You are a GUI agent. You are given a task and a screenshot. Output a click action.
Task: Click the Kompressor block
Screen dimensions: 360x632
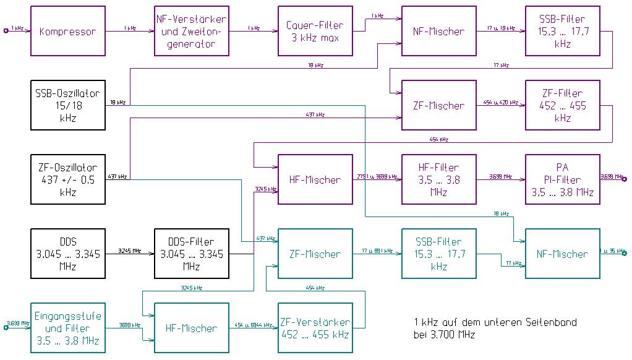pyautogui.click(x=68, y=31)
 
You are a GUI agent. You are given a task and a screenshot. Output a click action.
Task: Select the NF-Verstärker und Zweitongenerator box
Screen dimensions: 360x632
pyautogui.click(x=192, y=31)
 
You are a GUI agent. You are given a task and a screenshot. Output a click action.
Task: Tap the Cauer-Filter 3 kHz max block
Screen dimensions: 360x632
pyautogui.click(x=315, y=31)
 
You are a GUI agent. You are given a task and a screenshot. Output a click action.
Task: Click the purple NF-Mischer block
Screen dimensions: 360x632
pyautogui.click(x=439, y=31)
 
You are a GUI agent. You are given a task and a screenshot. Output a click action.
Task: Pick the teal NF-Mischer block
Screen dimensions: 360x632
pyautogui.click(x=563, y=254)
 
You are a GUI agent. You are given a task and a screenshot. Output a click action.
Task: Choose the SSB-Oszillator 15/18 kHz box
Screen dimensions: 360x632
pyautogui.click(x=68, y=105)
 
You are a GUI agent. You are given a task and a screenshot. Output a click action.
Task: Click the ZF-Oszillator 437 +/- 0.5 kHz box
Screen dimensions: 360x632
pyautogui.click(x=68, y=179)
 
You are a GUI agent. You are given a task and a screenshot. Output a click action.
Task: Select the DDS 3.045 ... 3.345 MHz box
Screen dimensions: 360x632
pyautogui.click(x=68, y=254)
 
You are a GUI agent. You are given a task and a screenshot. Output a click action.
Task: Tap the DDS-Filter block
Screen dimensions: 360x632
pyautogui.click(x=192, y=254)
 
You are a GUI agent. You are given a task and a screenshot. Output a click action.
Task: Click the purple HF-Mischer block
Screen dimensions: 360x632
pyautogui.click(x=315, y=179)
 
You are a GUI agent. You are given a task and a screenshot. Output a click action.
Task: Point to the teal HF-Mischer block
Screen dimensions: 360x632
pyautogui.click(x=192, y=328)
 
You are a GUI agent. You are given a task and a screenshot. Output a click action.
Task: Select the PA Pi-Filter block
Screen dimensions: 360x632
pyautogui.click(x=563, y=179)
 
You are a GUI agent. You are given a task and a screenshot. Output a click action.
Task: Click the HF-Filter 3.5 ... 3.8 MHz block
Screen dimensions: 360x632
pyautogui.click(x=439, y=179)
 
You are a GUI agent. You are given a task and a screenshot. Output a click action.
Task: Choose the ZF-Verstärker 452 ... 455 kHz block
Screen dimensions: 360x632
pyautogui.click(x=315, y=328)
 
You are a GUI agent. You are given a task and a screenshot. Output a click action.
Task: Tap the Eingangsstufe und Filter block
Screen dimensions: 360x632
pyautogui.click(x=68, y=328)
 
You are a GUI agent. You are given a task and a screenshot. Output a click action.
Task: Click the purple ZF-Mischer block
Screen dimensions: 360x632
pyautogui.click(x=439, y=105)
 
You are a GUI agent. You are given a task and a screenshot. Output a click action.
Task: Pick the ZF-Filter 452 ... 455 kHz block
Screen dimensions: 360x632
pyautogui.click(x=563, y=105)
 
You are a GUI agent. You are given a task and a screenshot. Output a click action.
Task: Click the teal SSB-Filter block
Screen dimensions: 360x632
pyautogui.click(x=439, y=254)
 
